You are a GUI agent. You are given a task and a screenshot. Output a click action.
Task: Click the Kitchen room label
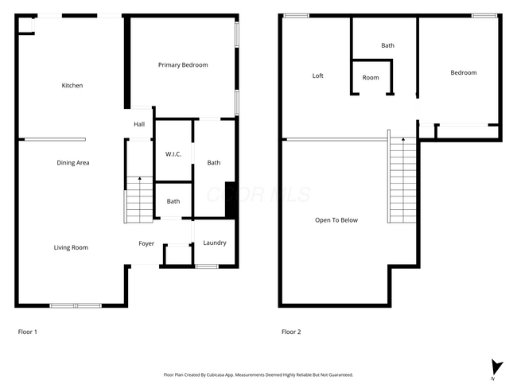72,85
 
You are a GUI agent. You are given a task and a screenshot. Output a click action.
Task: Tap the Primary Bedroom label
183,65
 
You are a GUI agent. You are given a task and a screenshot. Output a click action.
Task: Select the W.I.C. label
173,154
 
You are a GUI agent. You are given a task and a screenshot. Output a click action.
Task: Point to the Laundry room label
215,243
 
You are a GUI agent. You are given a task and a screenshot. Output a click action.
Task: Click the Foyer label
146,243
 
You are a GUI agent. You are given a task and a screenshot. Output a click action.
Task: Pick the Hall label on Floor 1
139,124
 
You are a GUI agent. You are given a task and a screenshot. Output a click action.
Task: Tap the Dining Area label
73,162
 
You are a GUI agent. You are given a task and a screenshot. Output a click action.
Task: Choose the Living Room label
71,247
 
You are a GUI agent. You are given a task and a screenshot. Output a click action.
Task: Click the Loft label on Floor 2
318,76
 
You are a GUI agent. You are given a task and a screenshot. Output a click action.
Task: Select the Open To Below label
336,220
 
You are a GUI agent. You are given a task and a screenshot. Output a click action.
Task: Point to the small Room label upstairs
371,78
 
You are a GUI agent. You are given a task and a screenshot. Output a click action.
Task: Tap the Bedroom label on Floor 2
464,72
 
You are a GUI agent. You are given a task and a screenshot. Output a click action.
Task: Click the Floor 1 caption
27,332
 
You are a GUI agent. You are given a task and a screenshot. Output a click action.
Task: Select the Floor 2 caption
291,332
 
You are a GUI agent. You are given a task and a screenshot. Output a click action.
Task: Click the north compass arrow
496,367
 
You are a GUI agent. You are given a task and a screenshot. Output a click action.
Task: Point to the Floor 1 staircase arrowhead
140,178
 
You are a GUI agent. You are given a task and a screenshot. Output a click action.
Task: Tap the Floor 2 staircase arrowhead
403,139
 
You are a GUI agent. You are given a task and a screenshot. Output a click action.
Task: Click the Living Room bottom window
76,306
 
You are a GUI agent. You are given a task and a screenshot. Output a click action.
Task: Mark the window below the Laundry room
207,266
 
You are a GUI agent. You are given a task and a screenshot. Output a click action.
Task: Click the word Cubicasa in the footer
216,374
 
